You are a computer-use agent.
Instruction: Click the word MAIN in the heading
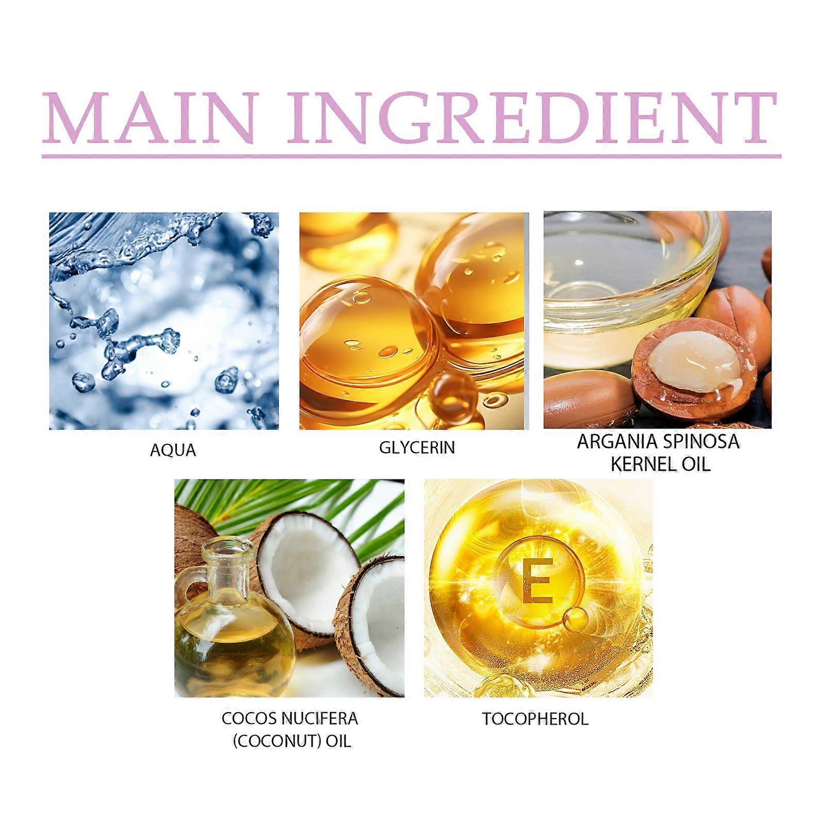(149, 119)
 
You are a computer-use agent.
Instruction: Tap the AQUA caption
(173, 450)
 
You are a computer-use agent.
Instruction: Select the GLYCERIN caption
(417, 448)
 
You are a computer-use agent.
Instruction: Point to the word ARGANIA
(616, 442)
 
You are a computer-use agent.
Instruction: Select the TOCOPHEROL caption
(535, 719)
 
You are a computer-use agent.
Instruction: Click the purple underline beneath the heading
(411, 156)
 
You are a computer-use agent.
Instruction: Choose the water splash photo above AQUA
(164, 321)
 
